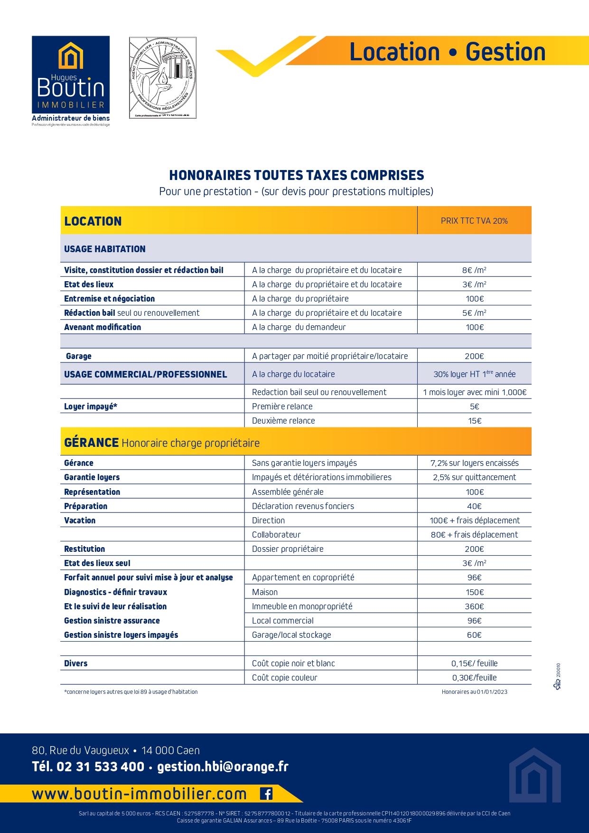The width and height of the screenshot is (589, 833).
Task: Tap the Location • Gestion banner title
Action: point(447,52)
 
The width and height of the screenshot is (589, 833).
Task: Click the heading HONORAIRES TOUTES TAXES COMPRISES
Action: point(297,175)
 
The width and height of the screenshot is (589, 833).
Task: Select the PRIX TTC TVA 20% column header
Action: point(474,221)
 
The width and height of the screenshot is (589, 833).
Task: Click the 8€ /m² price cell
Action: point(474,270)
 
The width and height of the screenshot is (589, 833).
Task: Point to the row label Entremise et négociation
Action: point(110,299)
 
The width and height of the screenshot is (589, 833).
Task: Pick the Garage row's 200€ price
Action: point(474,356)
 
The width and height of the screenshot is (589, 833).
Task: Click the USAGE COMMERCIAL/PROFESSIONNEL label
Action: point(146,374)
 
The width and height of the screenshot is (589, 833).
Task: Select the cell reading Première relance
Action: point(282,407)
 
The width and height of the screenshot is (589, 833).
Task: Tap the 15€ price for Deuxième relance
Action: point(474,421)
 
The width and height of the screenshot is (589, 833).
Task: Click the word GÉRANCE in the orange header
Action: point(91,443)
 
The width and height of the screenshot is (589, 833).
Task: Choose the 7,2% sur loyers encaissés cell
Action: point(474,463)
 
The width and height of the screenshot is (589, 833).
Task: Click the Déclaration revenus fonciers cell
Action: point(303,506)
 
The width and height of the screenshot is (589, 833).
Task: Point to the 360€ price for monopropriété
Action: point(474,606)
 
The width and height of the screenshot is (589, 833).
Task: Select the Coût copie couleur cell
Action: point(285,678)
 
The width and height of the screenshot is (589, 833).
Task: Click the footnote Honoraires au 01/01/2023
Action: point(474,692)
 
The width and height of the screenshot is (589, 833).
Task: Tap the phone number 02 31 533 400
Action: point(100,767)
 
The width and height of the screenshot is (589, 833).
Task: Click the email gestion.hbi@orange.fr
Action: point(223,767)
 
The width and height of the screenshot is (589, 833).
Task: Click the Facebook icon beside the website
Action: point(266,794)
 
